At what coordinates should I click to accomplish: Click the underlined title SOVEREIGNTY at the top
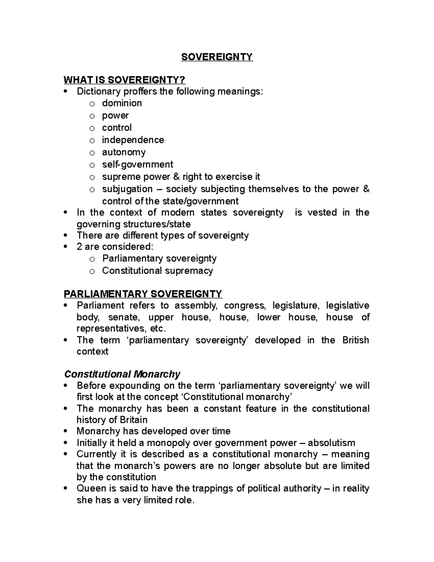click(217, 57)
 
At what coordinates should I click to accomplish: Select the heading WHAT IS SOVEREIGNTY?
click(124, 80)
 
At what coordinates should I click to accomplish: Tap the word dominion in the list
click(122, 103)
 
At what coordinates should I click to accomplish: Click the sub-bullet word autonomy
click(124, 152)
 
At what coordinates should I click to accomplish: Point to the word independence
click(133, 140)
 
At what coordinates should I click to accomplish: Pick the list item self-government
click(137, 165)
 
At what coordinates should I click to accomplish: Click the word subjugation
click(127, 189)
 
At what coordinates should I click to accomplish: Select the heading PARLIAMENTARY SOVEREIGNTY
click(143, 293)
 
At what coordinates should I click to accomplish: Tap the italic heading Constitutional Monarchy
click(122, 374)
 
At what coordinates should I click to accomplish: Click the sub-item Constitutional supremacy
click(157, 271)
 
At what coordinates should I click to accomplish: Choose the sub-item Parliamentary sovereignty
click(159, 258)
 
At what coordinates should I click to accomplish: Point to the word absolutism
click(332, 443)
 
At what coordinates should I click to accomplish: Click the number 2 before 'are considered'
click(80, 247)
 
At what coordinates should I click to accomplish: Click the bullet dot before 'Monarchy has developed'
click(65, 432)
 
